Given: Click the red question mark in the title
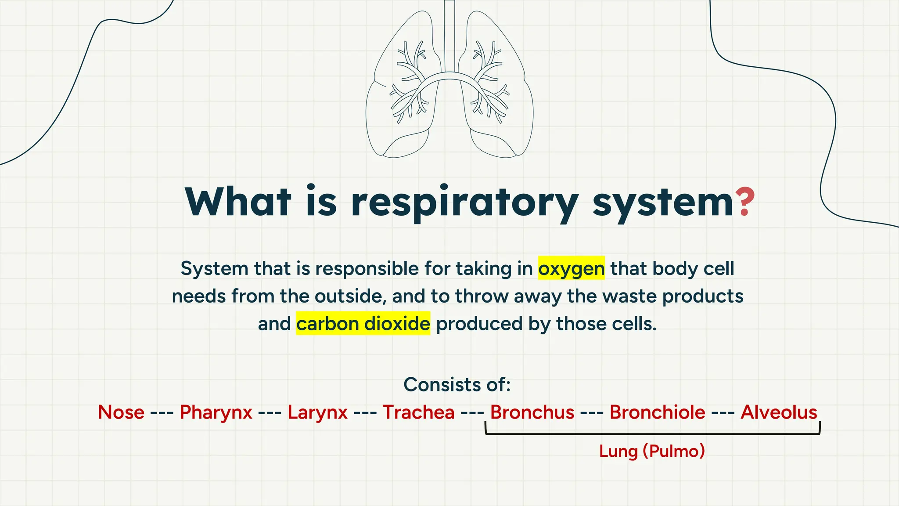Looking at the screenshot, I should pos(745,202).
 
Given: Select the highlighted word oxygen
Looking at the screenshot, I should pos(571,268).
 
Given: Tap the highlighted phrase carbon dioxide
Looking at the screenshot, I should pos(363,324).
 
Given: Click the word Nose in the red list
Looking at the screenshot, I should pos(121,412).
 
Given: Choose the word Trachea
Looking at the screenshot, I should pos(418,412).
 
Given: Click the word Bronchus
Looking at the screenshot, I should pos(532,412).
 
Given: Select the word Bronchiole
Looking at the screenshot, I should pos(657,412).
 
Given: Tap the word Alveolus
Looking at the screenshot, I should pos(779,412).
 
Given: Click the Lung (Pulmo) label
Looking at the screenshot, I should pos(652,451).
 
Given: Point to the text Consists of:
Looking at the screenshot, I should pos(457,384).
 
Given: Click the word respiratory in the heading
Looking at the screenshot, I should pos(465,203).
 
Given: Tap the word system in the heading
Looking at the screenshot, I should pos(663,203).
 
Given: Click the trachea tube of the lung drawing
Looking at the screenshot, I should pos(449,35).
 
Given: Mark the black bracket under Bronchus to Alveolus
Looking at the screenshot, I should pos(652,434).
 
